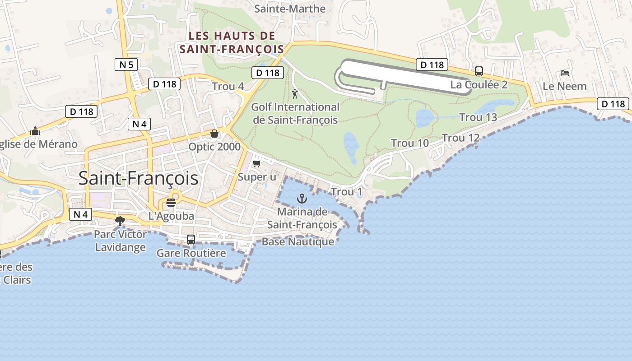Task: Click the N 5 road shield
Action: (x=126, y=65)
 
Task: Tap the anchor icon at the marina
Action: (x=302, y=199)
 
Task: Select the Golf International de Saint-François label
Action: (x=295, y=113)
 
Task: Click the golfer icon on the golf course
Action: (x=295, y=94)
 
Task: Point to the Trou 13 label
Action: (x=478, y=117)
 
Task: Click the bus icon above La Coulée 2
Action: (x=479, y=71)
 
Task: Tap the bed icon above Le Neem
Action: (x=564, y=73)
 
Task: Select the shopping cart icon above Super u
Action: (x=257, y=163)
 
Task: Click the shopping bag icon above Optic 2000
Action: (x=214, y=134)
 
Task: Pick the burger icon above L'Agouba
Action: (x=171, y=202)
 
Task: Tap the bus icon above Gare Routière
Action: (x=191, y=240)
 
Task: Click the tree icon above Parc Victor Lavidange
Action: (x=120, y=221)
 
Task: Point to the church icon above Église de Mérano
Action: (x=35, y=131)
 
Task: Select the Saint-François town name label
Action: (x=138, y=178)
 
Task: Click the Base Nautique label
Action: (x=298, y=241)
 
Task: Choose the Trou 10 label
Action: (x=410, y=143)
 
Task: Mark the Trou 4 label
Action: (x=228, y=86)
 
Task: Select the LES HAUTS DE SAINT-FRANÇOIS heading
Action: (x=232, y=42)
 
